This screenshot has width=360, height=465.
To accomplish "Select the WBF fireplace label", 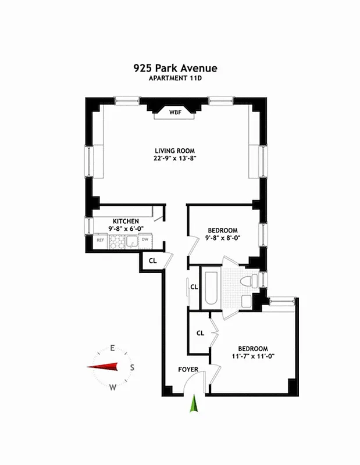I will pos(175,112).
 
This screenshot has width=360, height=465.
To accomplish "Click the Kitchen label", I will pos(126,221).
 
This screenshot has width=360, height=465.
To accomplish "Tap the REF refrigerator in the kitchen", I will pos(100,239).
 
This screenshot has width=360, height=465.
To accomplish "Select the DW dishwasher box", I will pos(145,239).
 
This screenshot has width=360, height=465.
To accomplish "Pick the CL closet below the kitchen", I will pos(152,261).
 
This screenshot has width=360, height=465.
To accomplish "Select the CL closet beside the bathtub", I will pos(194,287).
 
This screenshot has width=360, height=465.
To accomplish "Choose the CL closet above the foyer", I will pos(200,333).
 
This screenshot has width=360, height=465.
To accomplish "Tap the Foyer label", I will pos(188,369).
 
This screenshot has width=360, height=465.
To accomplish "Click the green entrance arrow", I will pos(194,403).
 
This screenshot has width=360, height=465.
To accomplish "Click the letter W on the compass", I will pos(113,387).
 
